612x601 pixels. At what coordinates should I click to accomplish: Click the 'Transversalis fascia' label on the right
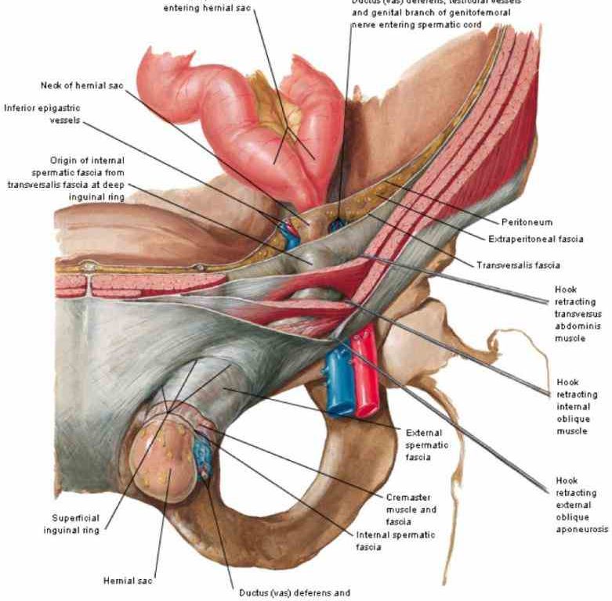tap(518, 265)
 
